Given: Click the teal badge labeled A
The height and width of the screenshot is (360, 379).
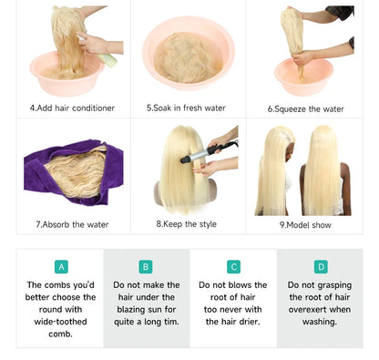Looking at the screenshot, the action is [61, 267].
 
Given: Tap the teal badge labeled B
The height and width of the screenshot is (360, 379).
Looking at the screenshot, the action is [146, 267].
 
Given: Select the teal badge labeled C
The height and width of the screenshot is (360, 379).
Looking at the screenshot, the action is [233, 267].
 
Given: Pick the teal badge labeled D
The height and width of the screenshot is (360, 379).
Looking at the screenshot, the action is [321, 267].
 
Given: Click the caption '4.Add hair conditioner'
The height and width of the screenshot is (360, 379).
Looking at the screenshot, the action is [72, 108].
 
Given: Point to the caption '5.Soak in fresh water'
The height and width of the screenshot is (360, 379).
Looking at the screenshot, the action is [186, 108].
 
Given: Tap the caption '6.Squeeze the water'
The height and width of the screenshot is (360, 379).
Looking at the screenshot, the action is [305, 109].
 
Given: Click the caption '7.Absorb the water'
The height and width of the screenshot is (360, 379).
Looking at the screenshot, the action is [72, 224].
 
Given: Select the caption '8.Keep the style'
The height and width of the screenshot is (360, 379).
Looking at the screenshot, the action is [186, 224].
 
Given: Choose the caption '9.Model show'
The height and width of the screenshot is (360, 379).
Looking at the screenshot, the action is [305, 225].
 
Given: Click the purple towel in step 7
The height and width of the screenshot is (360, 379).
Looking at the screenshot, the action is [74, 172].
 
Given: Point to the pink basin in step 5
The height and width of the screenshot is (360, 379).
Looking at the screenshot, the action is [189, 53].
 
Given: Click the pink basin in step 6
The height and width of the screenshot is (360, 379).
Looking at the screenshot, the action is [303, 77].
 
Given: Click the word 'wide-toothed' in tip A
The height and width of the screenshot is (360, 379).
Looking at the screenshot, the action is [60, 322].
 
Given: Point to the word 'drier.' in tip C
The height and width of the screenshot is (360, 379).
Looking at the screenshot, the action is [250, 322].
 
